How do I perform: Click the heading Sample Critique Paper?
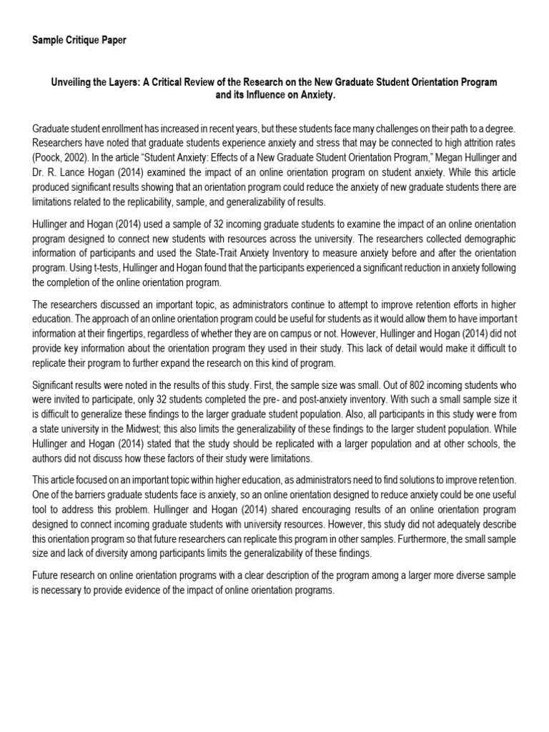pyautogui.click(x=79, y=41)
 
